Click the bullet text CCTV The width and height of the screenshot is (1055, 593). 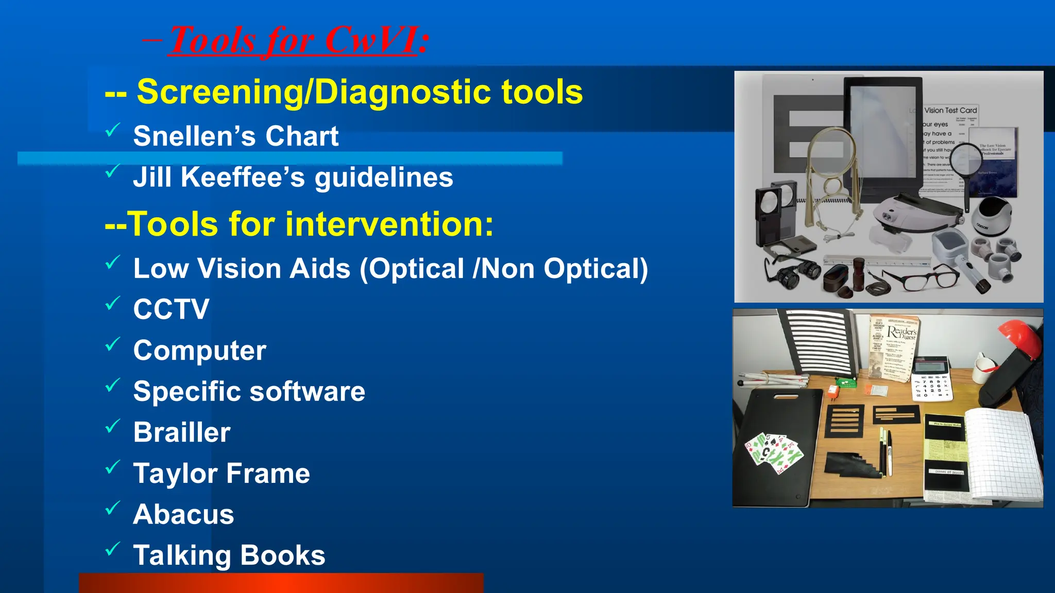[171, 309]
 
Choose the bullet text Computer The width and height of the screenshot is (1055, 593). [199, 351]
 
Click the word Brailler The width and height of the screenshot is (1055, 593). [181, 432]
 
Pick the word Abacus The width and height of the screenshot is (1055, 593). [183, 514]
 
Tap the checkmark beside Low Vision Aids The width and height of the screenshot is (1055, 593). [113, 262]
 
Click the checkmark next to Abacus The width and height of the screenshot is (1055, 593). [113, 508]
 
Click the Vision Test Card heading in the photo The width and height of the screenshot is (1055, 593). [950, 110]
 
